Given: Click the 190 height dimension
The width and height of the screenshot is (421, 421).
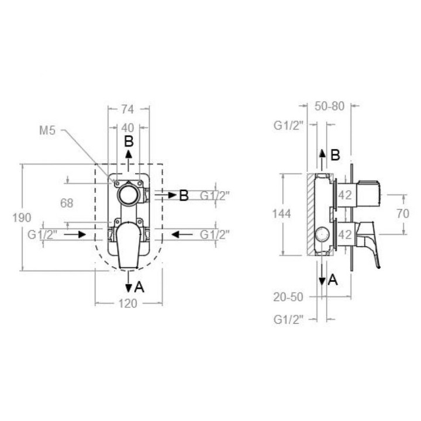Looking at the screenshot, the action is (22, 218).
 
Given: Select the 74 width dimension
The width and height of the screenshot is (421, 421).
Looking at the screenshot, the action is (127, 109).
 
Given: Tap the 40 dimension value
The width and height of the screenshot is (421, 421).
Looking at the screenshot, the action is (127, 128).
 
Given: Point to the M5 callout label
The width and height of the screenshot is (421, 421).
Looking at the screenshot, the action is (47, 130).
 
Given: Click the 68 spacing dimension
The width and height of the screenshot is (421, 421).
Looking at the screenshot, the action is (67, 203).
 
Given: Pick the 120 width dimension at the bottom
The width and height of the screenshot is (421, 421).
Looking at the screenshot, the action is (128, 303).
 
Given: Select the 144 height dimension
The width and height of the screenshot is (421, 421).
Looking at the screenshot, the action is (282, 214).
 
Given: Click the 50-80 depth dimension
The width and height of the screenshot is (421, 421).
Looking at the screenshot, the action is (329, 106).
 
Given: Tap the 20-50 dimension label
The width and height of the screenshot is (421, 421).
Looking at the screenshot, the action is (288, 296).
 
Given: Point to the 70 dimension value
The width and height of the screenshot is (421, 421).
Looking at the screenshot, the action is (403, 214).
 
